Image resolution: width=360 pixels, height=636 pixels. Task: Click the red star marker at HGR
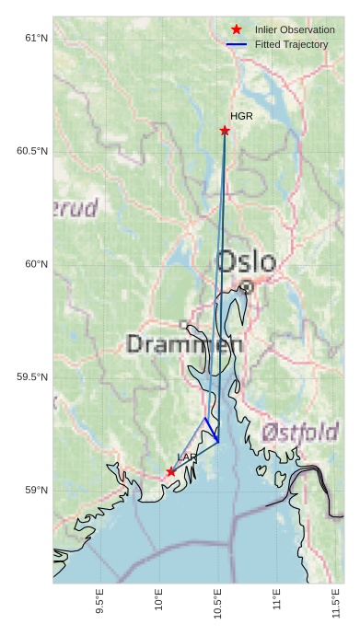click(x=225, y=131)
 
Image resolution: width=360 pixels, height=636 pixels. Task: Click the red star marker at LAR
click(x=171, y=471)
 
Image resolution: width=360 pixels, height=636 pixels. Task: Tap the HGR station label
click(x=241, y=117)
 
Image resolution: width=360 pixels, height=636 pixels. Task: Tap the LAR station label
click(x=187, y=457)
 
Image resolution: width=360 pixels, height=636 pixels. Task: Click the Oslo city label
click(x=245, y=260)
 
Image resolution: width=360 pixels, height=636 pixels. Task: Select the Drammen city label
click(x=184, y=345)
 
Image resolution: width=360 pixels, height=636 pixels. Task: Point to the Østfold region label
click(x=300, y=432)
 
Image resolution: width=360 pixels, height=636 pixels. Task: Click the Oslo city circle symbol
click(x=247, y=287)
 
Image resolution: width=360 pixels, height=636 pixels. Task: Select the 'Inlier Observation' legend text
click(x=295, y=30)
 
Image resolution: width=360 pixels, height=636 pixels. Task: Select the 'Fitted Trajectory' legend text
click(x=292, y=44)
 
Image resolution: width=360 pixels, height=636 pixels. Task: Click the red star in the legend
click(x=237, y=30)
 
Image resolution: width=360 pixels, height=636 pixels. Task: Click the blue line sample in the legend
click(x=237, y=44)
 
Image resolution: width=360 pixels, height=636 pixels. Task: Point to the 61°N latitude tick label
click(x=36, y=38)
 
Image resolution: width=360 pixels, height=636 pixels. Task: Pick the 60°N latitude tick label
click(x=36, y=264)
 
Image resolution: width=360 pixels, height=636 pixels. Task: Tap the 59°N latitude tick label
click(x=36, y=491)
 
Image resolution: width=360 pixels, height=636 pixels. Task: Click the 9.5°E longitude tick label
click(x=100, y=602)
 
